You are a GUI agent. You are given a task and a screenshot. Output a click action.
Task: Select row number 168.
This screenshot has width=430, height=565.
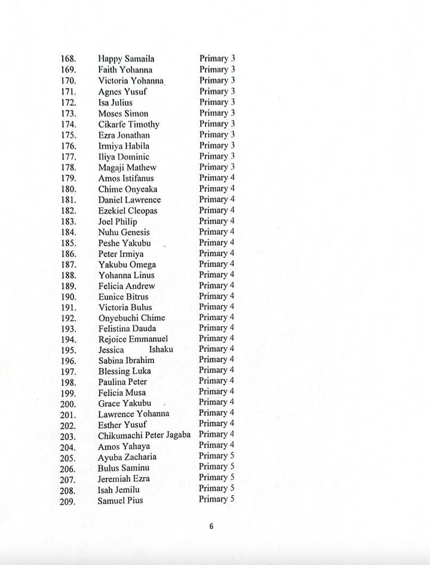pos(68,59)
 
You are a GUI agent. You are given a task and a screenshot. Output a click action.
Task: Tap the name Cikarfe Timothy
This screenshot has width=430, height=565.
pos(128,124)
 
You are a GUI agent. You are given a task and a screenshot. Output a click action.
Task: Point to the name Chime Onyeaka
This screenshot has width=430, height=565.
pos(128,189)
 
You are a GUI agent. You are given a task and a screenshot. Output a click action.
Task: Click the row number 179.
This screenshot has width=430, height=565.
pos(68,178)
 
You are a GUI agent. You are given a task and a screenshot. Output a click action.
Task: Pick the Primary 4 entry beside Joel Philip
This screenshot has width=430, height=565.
pos(217,221)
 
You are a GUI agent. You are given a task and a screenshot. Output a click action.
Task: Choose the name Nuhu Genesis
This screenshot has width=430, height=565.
pos(124,232)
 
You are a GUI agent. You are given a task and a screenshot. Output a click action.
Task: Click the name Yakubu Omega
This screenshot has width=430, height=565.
pos(127,265)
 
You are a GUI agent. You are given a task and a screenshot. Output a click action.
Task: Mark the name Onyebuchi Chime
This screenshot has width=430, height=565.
pos(131,318)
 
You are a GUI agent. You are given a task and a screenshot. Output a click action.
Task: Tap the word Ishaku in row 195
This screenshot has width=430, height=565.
pos(161,349)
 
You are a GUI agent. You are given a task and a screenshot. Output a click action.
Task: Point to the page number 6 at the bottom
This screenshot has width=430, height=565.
pos(211,527)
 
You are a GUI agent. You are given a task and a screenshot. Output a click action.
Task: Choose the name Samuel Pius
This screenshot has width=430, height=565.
pos(120,500)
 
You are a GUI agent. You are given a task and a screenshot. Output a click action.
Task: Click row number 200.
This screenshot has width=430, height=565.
pos(68,404)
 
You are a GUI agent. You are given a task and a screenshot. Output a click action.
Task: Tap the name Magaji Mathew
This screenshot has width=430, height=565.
pos(127,167)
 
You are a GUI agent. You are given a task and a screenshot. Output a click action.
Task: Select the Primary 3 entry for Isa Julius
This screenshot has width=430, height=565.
pos(217,102)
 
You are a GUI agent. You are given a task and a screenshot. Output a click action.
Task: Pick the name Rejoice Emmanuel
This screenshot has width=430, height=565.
pos(133,339)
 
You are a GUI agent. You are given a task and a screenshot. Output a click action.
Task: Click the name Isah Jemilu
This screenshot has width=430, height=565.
pos(118,490)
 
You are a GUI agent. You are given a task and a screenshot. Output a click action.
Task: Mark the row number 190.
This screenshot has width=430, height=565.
pos(68,297)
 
